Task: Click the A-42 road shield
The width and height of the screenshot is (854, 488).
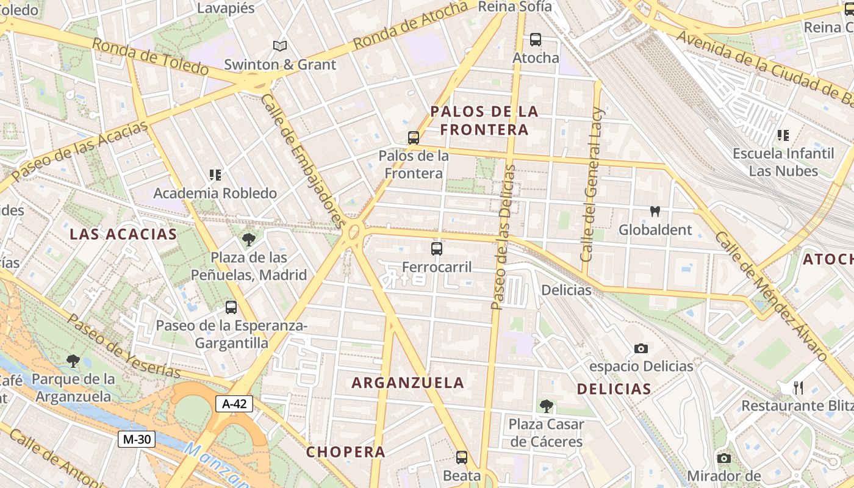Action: coord(234,403)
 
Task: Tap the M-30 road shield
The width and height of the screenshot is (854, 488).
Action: coord(137,439)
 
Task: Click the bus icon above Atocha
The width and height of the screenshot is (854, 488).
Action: coord(536,40)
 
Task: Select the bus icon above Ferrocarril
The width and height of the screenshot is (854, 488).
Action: coord(437,248)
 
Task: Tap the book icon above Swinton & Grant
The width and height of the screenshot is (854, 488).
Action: coord(280,46)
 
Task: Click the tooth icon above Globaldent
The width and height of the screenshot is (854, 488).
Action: coord(655,212)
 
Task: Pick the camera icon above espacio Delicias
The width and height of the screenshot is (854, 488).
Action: coord(641,348)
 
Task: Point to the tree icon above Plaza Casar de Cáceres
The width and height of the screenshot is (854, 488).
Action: coord(547,406)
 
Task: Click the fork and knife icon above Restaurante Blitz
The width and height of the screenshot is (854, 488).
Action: coord(798,387)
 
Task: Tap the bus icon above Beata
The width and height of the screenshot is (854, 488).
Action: coord(462,457)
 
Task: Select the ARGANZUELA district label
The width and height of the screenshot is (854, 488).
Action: coord(408,383)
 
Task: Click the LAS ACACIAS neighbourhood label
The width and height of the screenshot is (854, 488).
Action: coord(123,234)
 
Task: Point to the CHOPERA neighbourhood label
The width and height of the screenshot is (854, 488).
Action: coord(346,452)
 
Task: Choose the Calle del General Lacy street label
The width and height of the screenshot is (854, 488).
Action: coord(592,185)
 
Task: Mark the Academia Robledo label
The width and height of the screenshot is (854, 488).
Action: coord(215,193)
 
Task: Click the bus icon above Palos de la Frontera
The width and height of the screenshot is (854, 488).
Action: coord(414,138)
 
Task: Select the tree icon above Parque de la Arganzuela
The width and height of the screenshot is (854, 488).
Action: coord(73,361)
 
